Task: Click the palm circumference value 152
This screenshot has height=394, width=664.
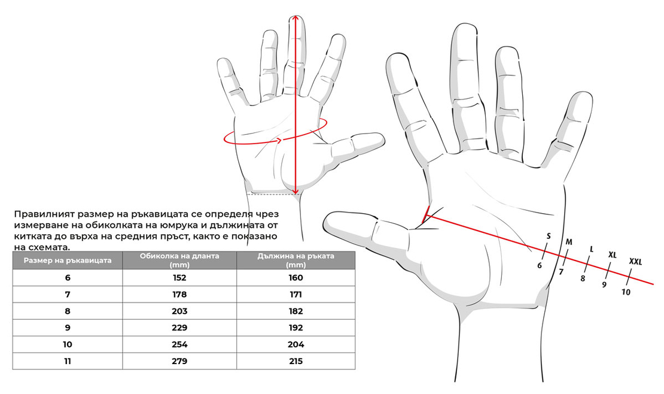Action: (179, 278)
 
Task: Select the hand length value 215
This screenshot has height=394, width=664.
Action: (296, 361)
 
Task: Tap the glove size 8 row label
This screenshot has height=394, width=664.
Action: (68, 311)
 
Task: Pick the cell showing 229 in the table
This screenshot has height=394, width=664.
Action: (179, 328)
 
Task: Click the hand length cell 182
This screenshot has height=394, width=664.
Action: (296, 311)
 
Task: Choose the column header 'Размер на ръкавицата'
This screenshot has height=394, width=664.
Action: (68, 260)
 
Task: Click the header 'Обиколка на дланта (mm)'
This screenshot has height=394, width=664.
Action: (179, 260)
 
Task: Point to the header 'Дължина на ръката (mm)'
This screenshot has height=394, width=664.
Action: (296, 260)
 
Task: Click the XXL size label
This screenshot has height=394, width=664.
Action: (635, 262)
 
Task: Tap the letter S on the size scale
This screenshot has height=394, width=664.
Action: (549, 237)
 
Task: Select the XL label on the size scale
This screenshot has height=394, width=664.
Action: (613, 255)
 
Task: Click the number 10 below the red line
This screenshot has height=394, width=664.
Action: (626, 292)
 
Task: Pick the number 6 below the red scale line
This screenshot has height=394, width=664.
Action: (540, 265)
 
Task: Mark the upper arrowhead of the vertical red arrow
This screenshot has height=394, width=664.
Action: (296, 18)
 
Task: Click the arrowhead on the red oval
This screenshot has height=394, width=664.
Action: (279, 140)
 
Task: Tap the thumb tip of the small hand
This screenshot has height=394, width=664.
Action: (382, 138)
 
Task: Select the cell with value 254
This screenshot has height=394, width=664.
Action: (179, 344)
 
